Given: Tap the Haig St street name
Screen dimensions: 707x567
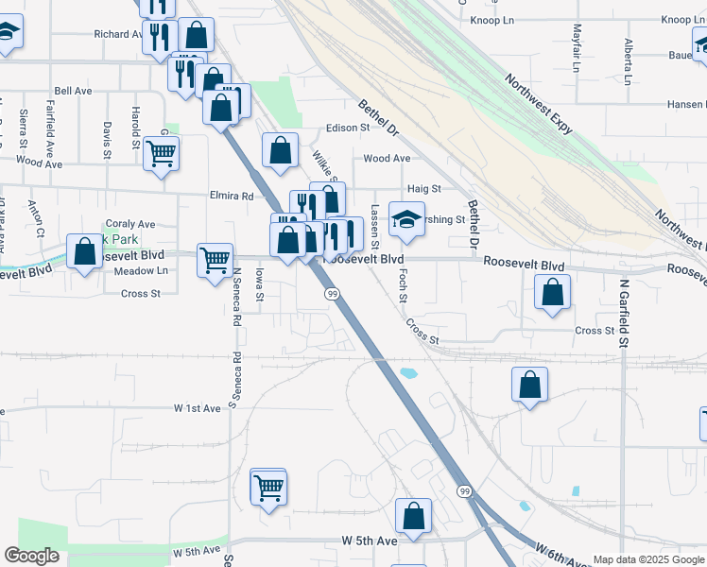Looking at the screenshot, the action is [422, 189].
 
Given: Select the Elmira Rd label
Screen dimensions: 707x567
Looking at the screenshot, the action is [234, 197].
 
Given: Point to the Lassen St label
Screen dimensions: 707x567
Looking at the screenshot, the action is [374, 228].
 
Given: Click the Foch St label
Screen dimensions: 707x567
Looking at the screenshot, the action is [403, 284].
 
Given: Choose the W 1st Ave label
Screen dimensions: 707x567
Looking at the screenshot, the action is [197, 407].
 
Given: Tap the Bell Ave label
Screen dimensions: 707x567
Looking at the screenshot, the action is [72, 91].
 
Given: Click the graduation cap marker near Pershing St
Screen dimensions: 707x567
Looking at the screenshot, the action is [406, 219].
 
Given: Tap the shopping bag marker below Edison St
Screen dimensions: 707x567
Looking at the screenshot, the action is [280, 150].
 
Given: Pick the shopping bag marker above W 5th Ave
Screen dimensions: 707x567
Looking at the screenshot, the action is [413, 516].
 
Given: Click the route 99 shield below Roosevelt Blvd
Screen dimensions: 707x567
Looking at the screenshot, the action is [333, 295].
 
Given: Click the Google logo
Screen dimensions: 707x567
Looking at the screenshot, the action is [31, 556].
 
